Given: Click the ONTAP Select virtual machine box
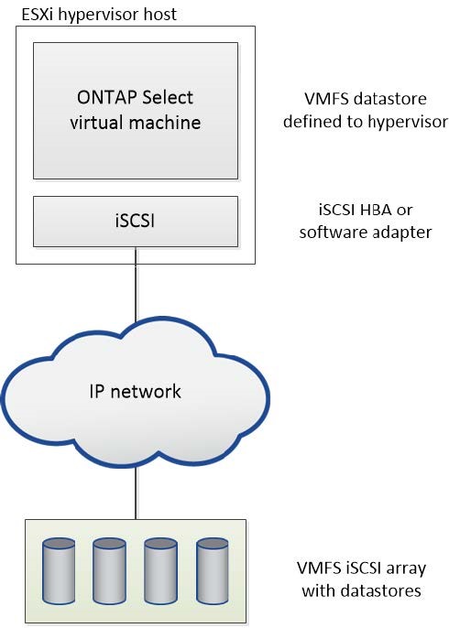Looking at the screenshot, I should [x=135, y=110].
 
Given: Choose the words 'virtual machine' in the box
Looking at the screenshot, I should [x=135, y=122].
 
